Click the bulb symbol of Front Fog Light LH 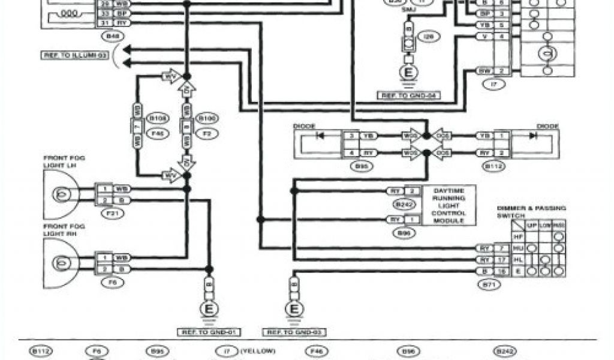[x=61, y=193]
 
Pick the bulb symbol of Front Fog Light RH [x=61, y=262]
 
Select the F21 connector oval [x=111, y=213]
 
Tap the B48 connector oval [x=112, y=37]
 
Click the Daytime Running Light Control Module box [x=449, y=205]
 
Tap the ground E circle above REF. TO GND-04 [x=410, y=73]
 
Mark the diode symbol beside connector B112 [x=532, y=136]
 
